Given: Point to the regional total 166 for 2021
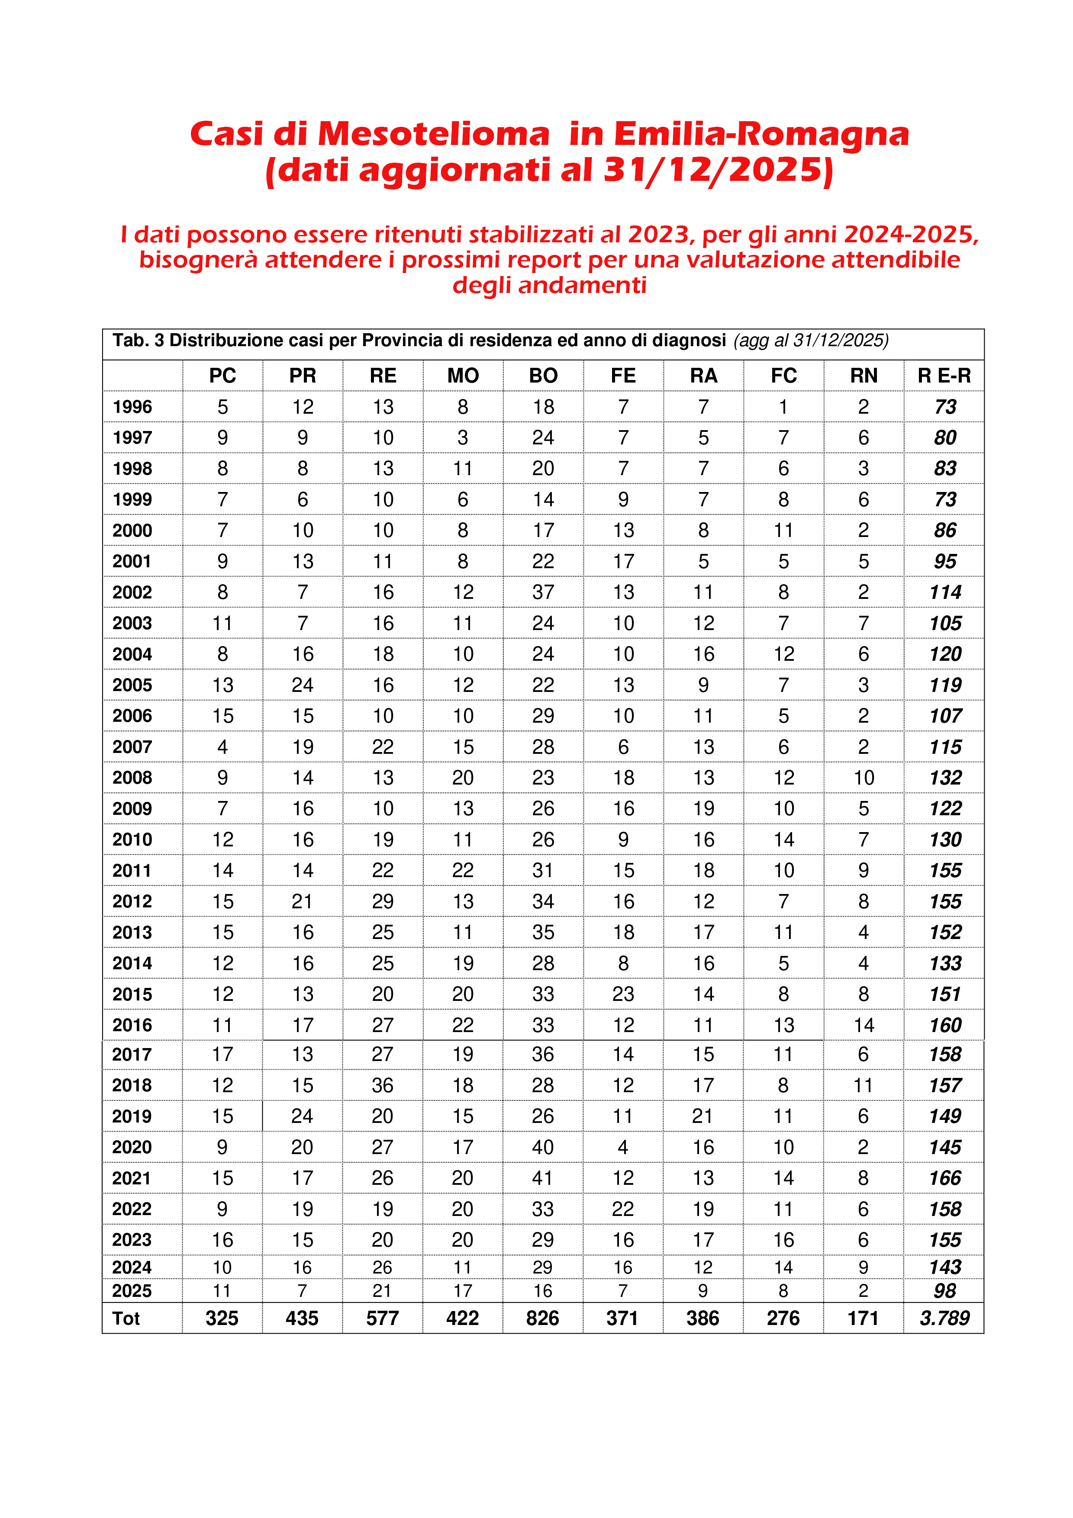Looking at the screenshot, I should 945,1178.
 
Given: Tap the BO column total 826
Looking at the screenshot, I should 543,1319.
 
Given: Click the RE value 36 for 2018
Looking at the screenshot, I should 382,1086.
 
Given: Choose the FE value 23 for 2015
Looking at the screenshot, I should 623,994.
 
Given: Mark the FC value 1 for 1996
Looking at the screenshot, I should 783,407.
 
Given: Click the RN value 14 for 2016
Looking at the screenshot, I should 864,1026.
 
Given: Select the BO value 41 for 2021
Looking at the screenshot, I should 543,1178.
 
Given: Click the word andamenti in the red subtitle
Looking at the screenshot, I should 582,285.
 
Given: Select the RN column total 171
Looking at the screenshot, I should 864,1319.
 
